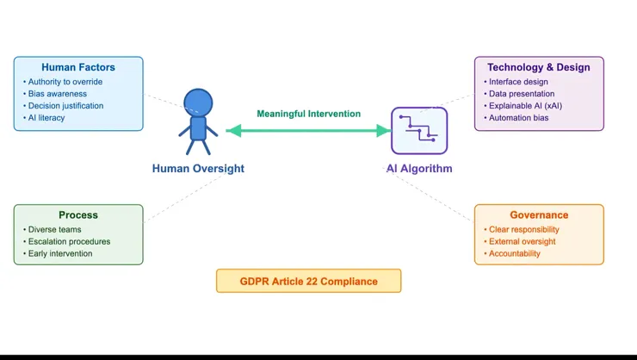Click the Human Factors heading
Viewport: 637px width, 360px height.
tap(78, 67)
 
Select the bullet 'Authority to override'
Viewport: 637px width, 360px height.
tap(65, 82)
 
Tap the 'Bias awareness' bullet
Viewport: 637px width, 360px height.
tap(59, 94)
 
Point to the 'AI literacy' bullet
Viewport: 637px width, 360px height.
tap(47, 118)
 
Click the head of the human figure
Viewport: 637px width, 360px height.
tap(198, 102)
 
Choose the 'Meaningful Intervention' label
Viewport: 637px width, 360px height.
tap(308, 114)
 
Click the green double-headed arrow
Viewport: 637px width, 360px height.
tap(308, 131)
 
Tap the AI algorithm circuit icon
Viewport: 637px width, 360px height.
tap(418, 130)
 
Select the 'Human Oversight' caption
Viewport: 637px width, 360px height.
tap(198, 169)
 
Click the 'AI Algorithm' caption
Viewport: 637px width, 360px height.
tap(418, 169)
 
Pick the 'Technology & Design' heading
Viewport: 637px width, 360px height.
tap(539, 67)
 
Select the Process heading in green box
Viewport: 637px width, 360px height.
tap(78, 215)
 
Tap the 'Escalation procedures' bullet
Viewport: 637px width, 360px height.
tap(69, 242)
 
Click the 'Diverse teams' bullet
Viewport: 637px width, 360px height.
tap(53, 230)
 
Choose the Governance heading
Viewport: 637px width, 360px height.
tap(539, 215)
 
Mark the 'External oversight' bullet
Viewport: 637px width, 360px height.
tap(523, 242)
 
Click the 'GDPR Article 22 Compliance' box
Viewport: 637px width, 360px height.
tap(308, 281)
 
